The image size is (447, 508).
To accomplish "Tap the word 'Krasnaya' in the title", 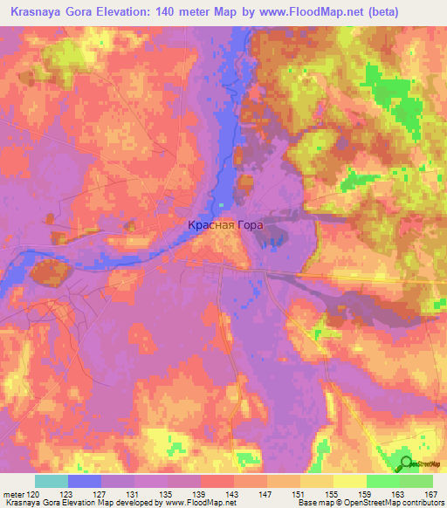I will point(38,10).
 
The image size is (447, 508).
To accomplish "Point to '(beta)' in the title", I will point(410,10).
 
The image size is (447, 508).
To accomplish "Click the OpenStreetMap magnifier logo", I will point(406,463).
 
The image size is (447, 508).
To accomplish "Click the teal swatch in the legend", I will point(52,481).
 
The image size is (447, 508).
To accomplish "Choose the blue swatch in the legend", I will point(85,481).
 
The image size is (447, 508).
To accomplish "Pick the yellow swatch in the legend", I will point(350,481).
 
